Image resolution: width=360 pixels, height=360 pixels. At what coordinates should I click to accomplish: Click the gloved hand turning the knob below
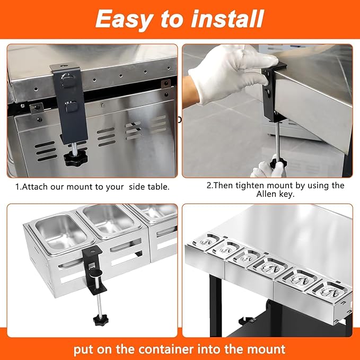click(268, 168)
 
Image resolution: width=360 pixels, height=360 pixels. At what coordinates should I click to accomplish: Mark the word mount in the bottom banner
click(263, 349)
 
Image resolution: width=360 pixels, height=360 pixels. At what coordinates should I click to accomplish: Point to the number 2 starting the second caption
click(208, 186)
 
